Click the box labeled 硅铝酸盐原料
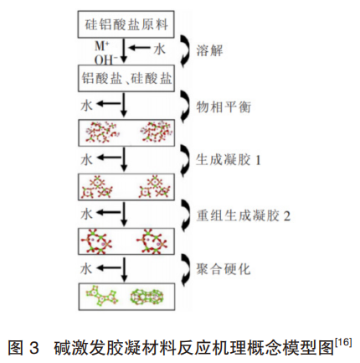point(126,24)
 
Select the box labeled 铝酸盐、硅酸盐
point(126,78)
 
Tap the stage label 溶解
point(209,50)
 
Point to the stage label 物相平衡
point(224,106)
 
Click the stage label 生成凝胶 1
point(229,160)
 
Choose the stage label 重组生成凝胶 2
point(244,215)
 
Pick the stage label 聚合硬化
point(224,269)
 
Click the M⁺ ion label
point(101,46)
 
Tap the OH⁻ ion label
point(105,60)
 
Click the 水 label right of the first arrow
point(159,49)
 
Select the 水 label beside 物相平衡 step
point(86,106)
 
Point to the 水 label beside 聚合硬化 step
point(86,269)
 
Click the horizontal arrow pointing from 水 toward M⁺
point(141,48)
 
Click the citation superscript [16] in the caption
point(344,342)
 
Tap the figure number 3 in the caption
point(33,348)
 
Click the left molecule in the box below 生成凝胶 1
point(97,187)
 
